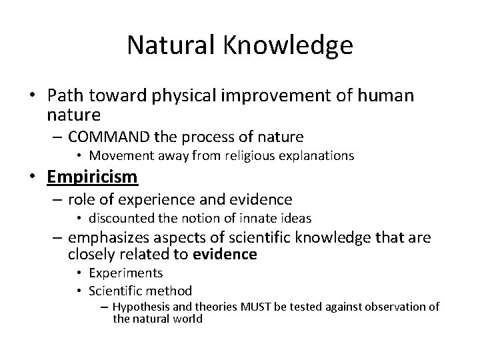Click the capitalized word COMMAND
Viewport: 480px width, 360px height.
pos(109,137)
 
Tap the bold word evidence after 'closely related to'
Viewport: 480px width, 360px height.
pos(225,254)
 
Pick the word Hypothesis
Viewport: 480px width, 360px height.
pos(139,307)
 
